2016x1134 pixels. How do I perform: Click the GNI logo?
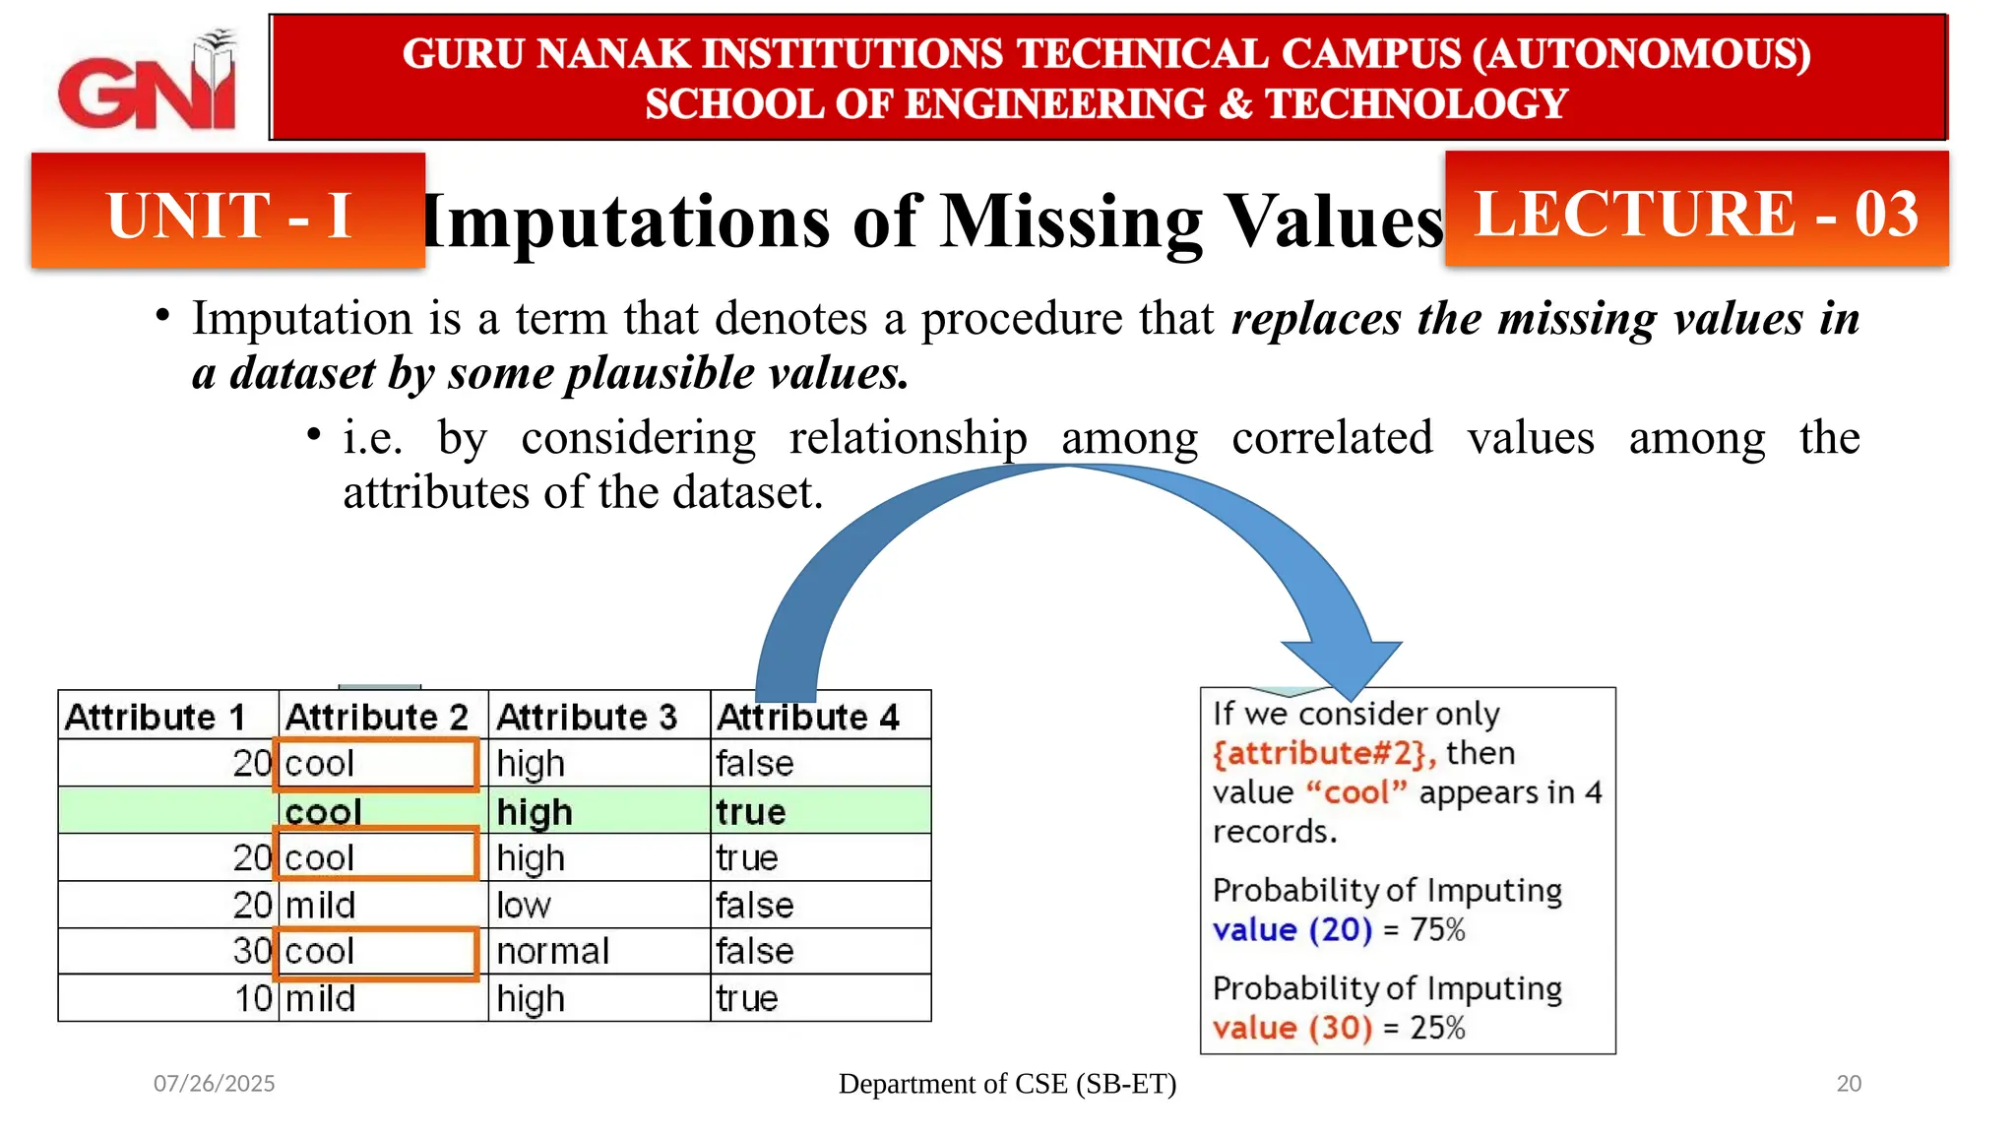point(148,84)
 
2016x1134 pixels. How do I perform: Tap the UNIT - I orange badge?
point(228,212)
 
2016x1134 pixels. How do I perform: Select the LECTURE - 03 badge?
point(1696,212)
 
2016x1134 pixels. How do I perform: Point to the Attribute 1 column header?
point(156,717)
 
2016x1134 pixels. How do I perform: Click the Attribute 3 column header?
point(587,717)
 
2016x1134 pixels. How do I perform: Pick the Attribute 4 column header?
point(807,717)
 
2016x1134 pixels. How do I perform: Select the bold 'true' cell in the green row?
point(751,812)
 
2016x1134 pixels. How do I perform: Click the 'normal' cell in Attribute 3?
point(552,952)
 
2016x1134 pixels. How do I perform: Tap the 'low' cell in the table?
point(524,906)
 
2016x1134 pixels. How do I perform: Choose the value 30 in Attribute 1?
point(252,951)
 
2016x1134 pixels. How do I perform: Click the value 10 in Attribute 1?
point(253,998)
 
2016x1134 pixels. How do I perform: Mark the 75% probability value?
point(1438,929)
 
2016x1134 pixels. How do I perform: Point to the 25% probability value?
point(1438,1028)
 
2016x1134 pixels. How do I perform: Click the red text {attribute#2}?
point(1323,753)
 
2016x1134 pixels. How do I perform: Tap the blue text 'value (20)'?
point(1291,929)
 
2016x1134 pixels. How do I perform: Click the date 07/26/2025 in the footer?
point(214,1084)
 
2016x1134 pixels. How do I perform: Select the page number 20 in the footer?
point(1849,1084)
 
